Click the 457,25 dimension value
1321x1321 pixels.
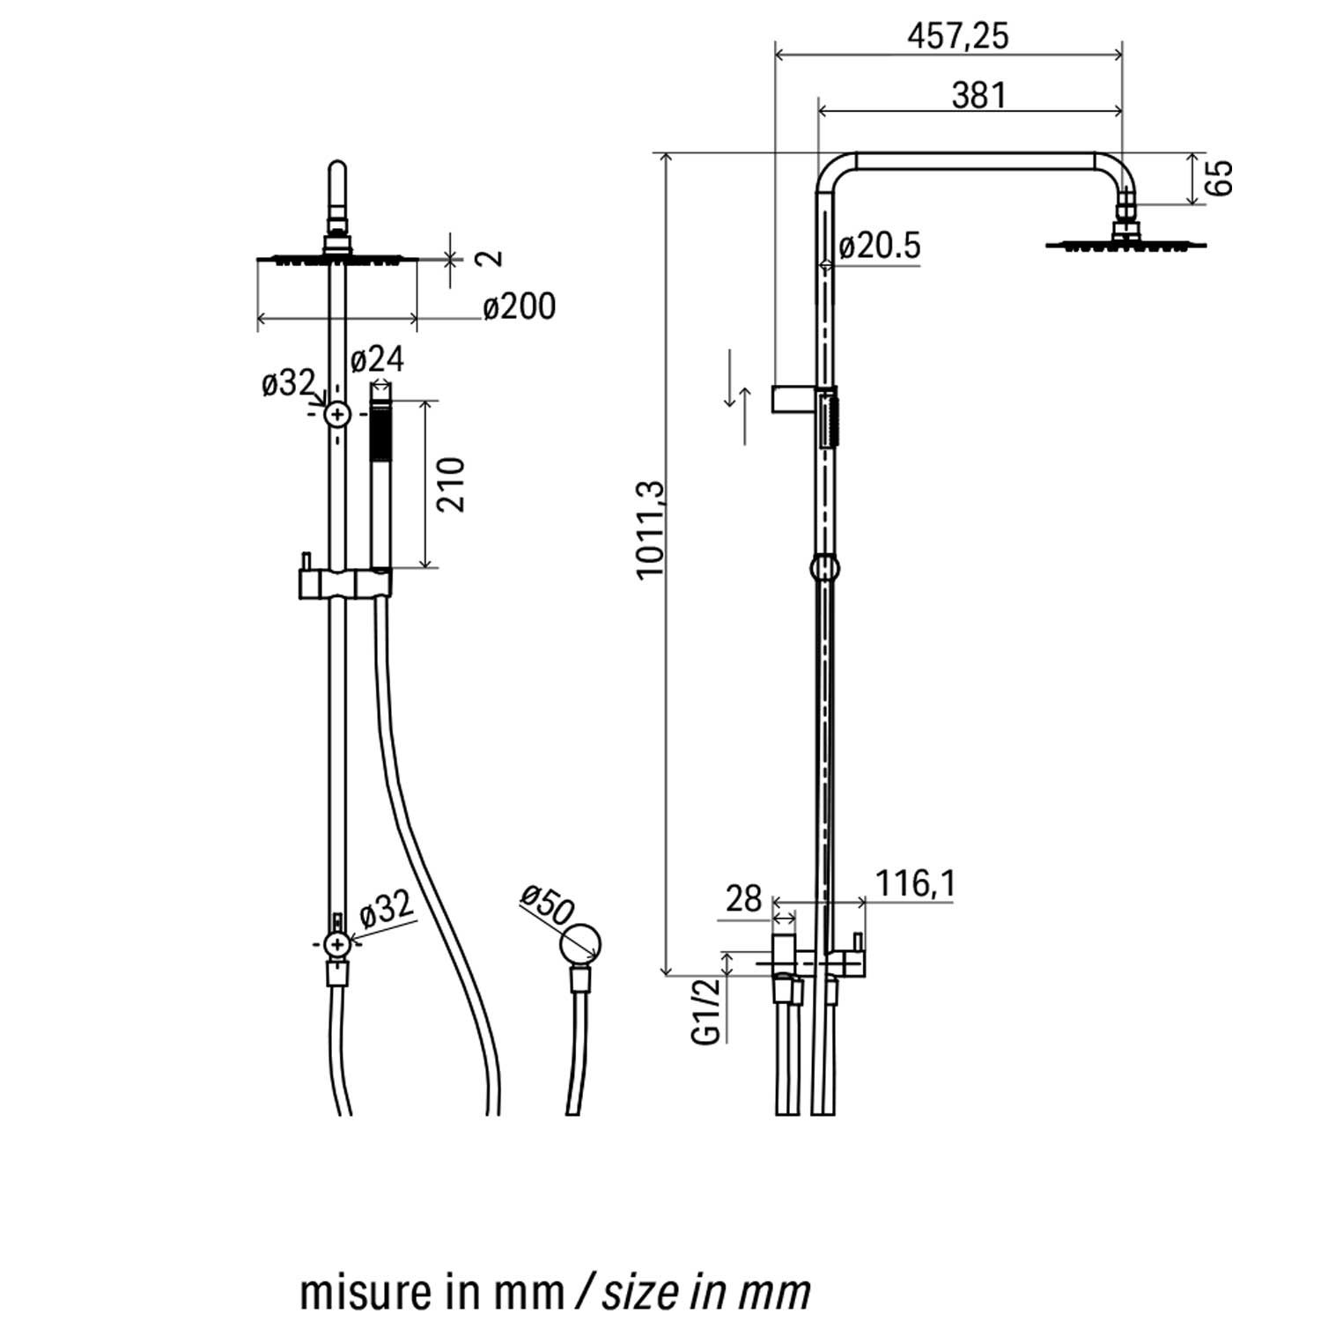click(x=958, y=36)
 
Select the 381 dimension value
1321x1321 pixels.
click(x=978, y=95)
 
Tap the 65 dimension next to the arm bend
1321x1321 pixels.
click(x=1220, y=179)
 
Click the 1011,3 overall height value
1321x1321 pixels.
click(x=651, y=529)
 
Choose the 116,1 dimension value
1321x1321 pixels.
click(x=915, y=883)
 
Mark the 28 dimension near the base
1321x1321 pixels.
click(x=743, y=899)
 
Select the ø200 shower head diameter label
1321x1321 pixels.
click(x=520, y=307)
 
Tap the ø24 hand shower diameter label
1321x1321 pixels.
click(x=377, y=359)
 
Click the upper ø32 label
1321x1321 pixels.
click(x=288, y=383)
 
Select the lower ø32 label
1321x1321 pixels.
click(x=386, y=908)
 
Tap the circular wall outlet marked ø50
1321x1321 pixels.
click(x=582, y=945)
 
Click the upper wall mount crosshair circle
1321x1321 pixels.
click(x=337, y=413)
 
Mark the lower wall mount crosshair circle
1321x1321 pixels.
click(x=337, y=944)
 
